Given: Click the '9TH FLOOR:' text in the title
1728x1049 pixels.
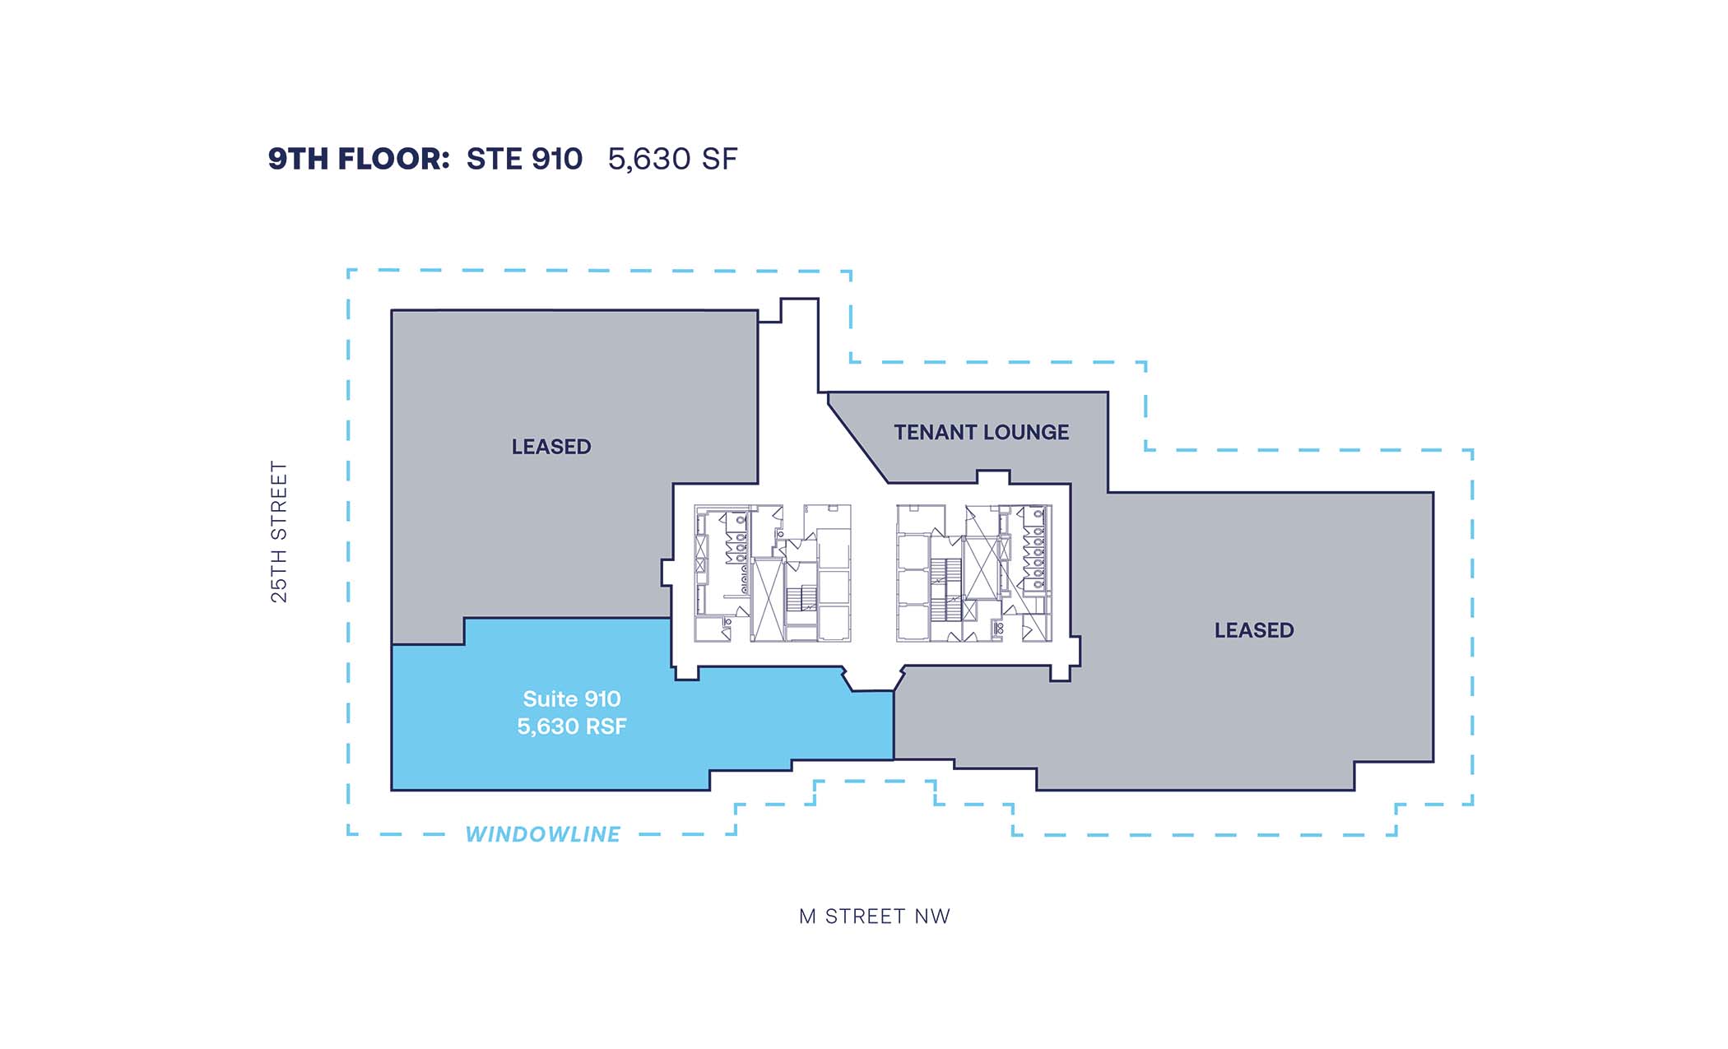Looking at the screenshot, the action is tap(359, 159).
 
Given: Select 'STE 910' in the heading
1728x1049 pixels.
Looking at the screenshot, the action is tap(524, 159).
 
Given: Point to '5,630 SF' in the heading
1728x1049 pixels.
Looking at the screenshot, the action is tap(672, 160).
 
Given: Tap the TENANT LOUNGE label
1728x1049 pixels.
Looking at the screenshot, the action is tap(982, 432).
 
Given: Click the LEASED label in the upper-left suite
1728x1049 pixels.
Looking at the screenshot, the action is tap(551, 447).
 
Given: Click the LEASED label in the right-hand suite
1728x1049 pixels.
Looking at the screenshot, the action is tap(1254, 630).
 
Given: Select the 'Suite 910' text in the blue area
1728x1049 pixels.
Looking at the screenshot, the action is tap(572, 699).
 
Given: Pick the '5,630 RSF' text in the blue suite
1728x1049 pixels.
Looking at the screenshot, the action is tap(572, 726).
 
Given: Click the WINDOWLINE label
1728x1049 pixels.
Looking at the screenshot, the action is tap(543, 834).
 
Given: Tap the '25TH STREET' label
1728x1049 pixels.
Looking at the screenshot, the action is tap(280, 531).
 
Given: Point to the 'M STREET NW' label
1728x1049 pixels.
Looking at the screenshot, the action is tap(875, 917).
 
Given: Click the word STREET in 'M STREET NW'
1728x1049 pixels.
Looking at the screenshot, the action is tap(866, 917).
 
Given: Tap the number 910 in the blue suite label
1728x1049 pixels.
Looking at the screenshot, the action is tap(602, 699).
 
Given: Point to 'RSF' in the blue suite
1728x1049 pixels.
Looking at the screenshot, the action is tap(606, 726).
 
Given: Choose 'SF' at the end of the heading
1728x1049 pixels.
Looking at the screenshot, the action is tap(720, 160).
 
